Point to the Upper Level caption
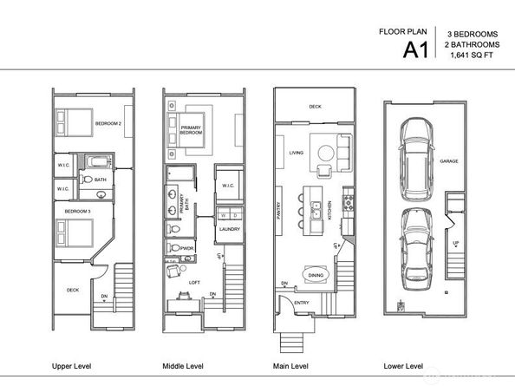coord(74,366)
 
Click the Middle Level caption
coord(186,366)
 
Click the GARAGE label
coord(449,160)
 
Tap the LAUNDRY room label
coord(230,229)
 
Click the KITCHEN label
coord(330,211)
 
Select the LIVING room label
coord(295,154)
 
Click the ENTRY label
coord(301,303)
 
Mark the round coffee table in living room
coord(323,153)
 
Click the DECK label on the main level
coord(315,107)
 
